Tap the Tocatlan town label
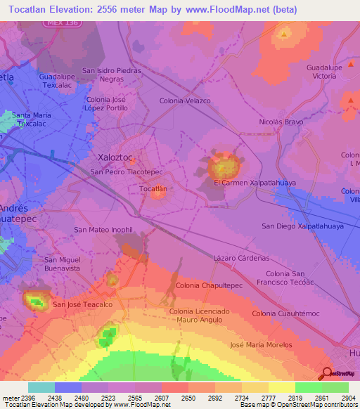[153, 189]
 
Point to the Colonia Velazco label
[185, 101]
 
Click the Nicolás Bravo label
[281, 122]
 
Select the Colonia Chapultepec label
[209, 285]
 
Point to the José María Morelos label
[261, 345]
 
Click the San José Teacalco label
[83, 304]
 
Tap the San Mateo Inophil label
[103, 230]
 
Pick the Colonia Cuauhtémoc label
[285, 313]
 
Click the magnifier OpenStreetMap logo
[326, 373]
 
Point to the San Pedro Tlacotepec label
[126, 171]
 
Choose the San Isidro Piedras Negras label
[112, 74]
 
